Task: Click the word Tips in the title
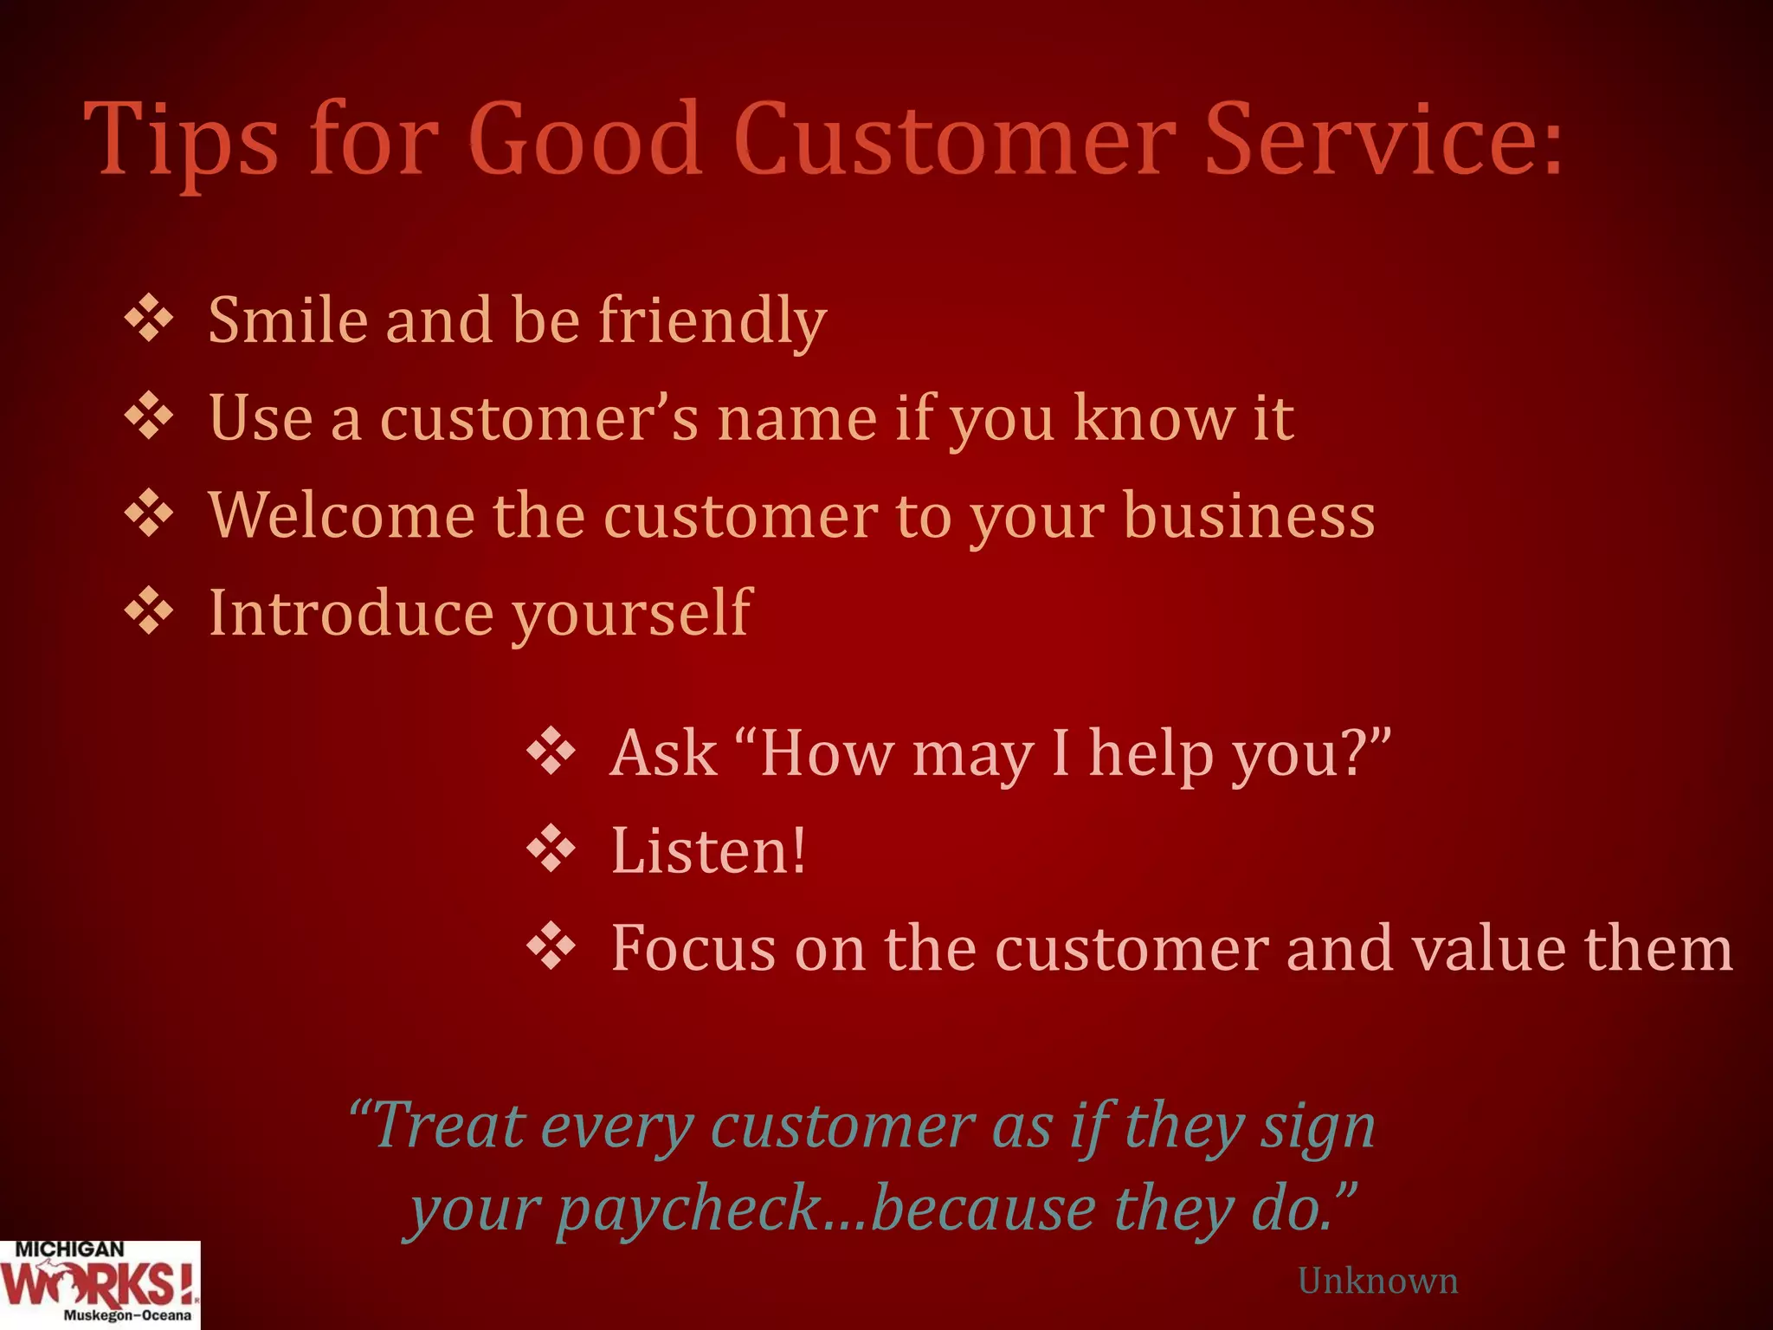182,140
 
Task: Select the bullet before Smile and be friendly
149,319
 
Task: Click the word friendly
712,322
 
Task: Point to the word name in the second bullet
796,419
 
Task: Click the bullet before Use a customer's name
149,416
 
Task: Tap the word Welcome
341,515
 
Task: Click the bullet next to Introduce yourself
149,612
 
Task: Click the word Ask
664,752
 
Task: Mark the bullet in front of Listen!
551,849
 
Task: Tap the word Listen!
708,850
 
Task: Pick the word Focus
693,948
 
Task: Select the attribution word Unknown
1377,1281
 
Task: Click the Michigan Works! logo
100,1285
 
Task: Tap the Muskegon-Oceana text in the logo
126,1315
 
